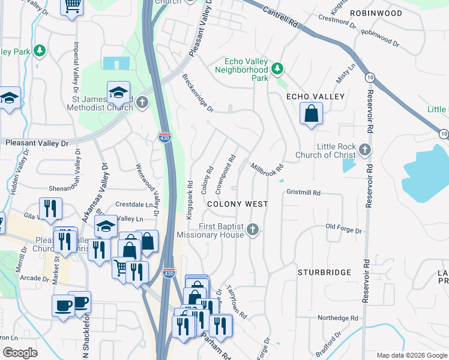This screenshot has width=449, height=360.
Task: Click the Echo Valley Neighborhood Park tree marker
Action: (x=277, y=68)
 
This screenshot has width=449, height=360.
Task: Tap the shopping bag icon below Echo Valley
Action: (x=311, y=114)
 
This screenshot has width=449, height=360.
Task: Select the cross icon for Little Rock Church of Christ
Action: (x=364, y=149)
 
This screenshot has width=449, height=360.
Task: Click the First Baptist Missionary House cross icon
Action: (x=253, y=229)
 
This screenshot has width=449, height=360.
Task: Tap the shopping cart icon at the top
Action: (x=72, y=7)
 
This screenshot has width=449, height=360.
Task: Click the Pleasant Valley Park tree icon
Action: (x=40, y=51)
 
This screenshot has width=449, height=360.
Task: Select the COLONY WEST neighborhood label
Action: (x=237, y=204)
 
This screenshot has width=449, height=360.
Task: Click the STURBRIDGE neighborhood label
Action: (x=324, y=272)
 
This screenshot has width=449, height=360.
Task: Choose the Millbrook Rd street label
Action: (x=267, y=170)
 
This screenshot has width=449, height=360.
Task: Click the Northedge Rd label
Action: (x=337, y=318)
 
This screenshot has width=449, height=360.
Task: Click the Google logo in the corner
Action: (x=20, y=352)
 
